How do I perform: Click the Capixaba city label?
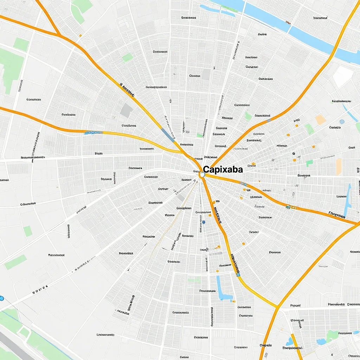(x=223, y=169)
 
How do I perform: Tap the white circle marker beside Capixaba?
(x=202, y=174)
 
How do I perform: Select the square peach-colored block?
(x=321, y=120)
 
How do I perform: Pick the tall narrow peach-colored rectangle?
(x=339, y=167)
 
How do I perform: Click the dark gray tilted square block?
(x=127, y=110)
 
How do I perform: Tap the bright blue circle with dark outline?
(x=1, y=298)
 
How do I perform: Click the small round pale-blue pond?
(x=342, y=122)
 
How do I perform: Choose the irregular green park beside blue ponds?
(x=332, y=336)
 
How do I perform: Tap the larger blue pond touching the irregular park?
(x=321, y=341)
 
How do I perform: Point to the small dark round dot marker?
(x=294, y=154)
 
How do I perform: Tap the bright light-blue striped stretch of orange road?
(x=94, y=133)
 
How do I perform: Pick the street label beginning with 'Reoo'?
(x=56, y=255)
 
